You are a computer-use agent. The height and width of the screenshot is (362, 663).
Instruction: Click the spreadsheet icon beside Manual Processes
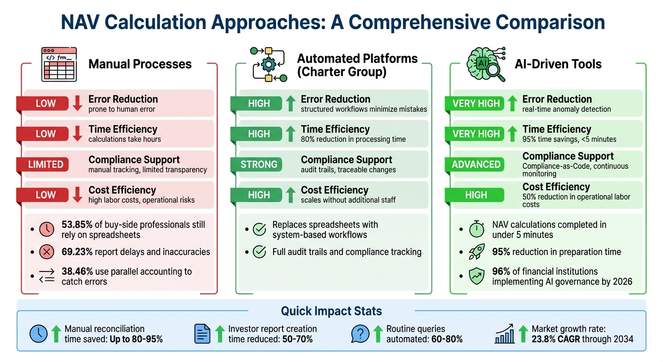tap(59, 64)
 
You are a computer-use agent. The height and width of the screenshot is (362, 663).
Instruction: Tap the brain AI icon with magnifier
tap(485, 63)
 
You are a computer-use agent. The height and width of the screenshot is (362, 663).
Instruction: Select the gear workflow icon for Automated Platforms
tap(268, 65)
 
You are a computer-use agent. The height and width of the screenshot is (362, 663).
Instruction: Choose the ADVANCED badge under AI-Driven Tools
tap(476, 165)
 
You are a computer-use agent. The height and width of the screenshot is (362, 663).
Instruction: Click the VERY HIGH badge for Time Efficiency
tap(476, 134)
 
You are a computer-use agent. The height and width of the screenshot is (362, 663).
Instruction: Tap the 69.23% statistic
tap(77, 252)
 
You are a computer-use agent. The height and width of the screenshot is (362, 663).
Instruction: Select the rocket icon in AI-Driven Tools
tap(477, 252)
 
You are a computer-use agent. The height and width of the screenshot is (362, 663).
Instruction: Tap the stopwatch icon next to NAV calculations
tap(477, 229)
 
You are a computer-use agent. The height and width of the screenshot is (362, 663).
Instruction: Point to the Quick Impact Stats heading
tap(331, 311)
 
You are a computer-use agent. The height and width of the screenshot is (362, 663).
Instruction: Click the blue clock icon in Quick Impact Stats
tap(39, 334)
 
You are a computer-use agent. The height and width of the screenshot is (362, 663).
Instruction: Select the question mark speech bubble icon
tap(360, 334)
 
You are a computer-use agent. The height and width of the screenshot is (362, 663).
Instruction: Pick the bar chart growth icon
tap(505, 334)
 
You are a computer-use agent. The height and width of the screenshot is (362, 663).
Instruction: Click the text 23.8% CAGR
tap(558, 339)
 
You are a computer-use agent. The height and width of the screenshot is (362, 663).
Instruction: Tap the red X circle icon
tap(47, 252)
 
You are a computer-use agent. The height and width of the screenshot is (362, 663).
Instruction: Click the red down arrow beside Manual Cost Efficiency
tap(78, 195)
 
